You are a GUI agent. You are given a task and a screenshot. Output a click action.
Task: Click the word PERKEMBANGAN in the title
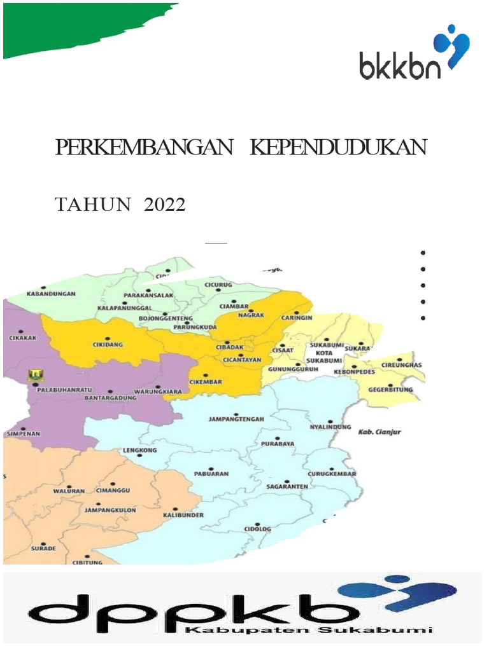143,147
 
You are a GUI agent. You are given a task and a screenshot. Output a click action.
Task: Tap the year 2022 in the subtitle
164,205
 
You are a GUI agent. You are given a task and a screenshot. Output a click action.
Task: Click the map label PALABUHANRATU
62,390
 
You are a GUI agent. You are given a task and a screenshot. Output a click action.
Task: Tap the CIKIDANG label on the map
108,345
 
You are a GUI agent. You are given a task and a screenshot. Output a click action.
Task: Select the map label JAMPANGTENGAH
236,419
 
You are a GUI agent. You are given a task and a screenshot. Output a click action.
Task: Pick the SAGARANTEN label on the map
287,486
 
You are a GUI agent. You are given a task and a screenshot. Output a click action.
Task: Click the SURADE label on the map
43,548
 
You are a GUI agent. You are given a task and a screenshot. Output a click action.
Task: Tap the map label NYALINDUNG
330,427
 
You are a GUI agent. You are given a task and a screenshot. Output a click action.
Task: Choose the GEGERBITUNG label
390,390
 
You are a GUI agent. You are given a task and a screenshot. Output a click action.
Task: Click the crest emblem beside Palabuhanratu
33,377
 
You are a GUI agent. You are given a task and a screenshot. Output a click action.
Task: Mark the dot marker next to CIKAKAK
22,331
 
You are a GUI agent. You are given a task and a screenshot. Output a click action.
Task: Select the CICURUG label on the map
218,285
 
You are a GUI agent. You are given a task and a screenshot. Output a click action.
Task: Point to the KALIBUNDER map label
183,515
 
